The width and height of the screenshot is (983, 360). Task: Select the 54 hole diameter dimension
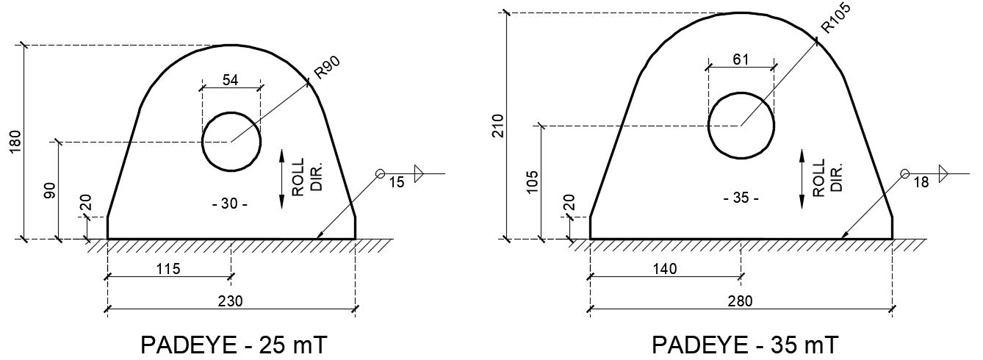coord(231,81)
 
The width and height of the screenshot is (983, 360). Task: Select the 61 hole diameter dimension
coord(741,60)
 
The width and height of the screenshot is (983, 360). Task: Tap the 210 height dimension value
coord(498,126)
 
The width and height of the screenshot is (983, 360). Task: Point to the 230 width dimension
coord(231,300)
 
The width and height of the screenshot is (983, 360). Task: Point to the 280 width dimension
coord(741,300)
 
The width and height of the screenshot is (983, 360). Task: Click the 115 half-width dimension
coord(169,269)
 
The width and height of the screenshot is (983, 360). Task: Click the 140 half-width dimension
coord(665,269)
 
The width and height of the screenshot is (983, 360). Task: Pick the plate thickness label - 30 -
coord(229,204)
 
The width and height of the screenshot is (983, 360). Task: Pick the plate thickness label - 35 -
coord(741,198)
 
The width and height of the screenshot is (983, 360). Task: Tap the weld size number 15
coord(396,183)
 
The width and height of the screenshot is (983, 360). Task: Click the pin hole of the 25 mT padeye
coord(231,141)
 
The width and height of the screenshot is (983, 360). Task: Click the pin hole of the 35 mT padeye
coord(741,126)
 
